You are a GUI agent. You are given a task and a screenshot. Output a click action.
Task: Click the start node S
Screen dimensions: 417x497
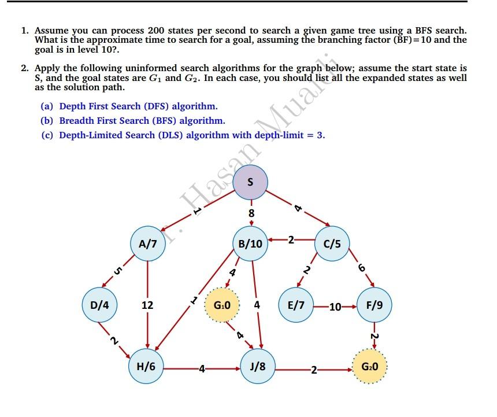(x=250, y=181)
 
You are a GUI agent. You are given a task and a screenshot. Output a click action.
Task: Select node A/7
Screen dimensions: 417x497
(x=148, y=243)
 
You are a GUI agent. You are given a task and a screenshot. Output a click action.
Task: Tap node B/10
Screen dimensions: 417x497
(x=250, y=243)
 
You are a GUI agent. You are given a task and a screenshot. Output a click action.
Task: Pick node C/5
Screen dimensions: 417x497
(x=332, y=243)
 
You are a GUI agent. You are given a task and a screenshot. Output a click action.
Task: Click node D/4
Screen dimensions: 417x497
(x=99, y=304)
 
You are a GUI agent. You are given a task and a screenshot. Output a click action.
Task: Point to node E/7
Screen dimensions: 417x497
(x=296, y=304)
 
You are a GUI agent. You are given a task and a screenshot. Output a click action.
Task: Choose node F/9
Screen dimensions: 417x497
(x=374, y=304)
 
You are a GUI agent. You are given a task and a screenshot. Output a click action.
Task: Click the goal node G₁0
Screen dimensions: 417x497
(x=222, y=304)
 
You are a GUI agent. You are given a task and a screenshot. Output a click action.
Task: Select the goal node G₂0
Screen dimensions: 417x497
(x=369, y=367)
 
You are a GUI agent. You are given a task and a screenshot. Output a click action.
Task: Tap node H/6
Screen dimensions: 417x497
(x=146, y=367)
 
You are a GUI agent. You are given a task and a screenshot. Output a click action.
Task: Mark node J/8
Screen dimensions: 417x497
(x=258, y=367)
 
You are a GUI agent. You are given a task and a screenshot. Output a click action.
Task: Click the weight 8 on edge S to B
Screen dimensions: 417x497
(x=251, y=213)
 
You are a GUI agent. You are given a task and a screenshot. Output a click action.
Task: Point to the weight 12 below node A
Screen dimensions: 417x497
(x=147, y=304)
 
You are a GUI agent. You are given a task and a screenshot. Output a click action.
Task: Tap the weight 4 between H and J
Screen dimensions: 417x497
(x=201, y=367)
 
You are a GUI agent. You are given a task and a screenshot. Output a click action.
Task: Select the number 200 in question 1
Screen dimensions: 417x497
(x=157, y=30)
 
